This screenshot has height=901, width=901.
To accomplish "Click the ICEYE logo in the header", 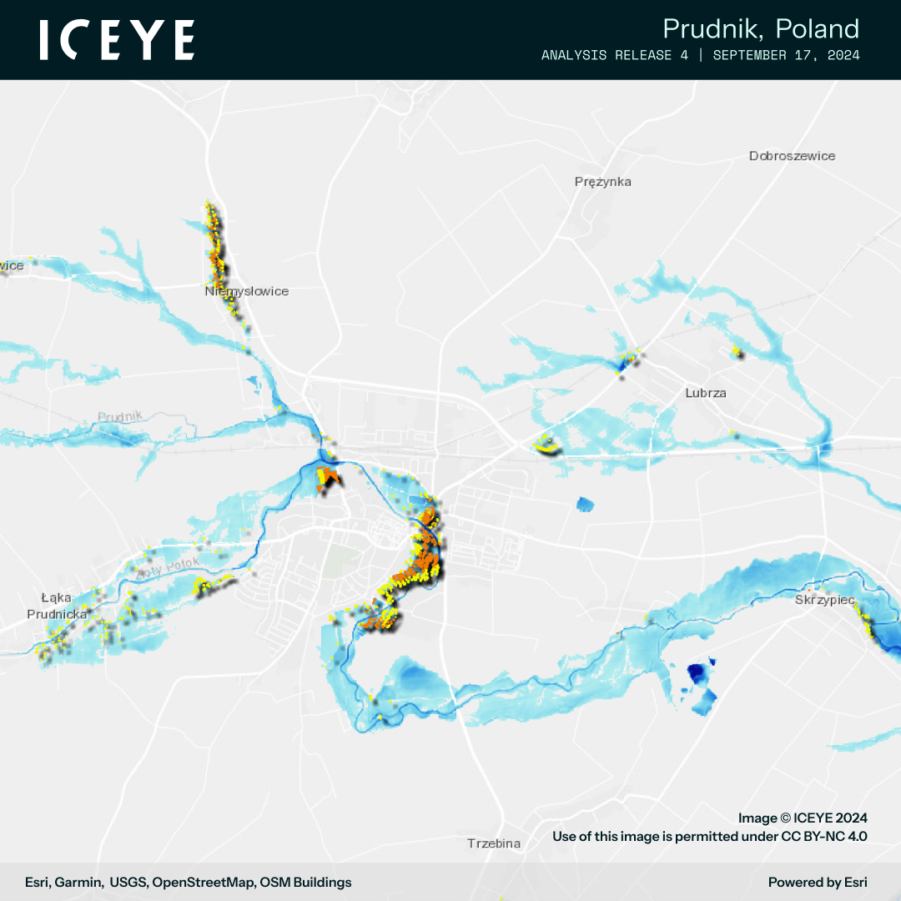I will point(118,40).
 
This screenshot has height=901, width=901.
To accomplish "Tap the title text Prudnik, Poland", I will point(760,28).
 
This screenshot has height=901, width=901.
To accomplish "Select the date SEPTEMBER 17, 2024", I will point(786,55).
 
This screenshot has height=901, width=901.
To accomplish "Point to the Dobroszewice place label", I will point(792,156).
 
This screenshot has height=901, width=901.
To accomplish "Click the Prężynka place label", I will point(602,181).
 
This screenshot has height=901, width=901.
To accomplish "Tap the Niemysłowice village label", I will point(247,291).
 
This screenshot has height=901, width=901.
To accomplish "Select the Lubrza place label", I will point(705,392).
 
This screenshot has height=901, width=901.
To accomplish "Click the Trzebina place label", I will point(494,843).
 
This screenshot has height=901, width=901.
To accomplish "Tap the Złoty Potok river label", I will point(170,567).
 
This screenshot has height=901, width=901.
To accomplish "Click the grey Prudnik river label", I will point(120,416).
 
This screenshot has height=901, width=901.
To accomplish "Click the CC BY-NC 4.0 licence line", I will point(709,836).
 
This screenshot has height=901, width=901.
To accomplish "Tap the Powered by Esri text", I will point(817,882).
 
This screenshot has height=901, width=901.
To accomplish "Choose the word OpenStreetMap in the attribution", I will point(203,882).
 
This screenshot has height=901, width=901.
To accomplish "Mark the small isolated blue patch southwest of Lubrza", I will point(586,504).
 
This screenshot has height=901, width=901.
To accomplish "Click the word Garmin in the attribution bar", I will point(80,882).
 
